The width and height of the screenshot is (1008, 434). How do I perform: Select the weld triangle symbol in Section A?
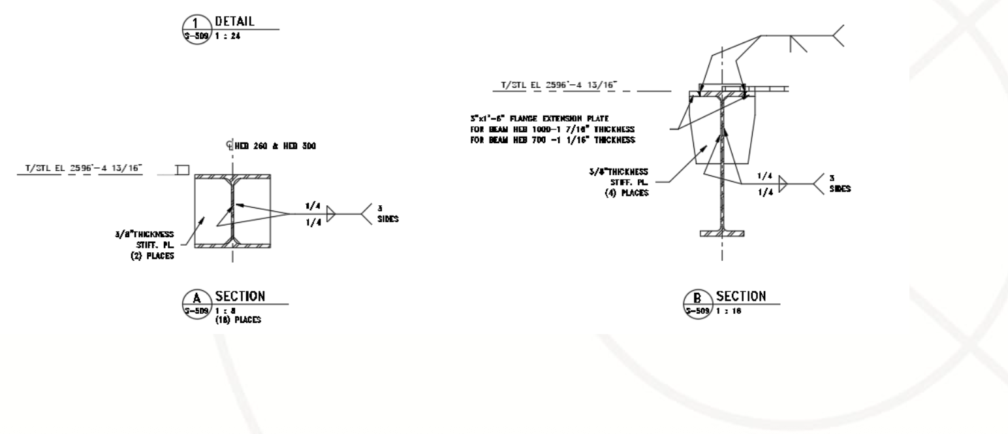(x=331, y=214)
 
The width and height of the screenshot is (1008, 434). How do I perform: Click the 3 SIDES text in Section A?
(x=385, y=214)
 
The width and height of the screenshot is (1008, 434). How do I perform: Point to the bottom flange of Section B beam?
(x=721, y=233)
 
